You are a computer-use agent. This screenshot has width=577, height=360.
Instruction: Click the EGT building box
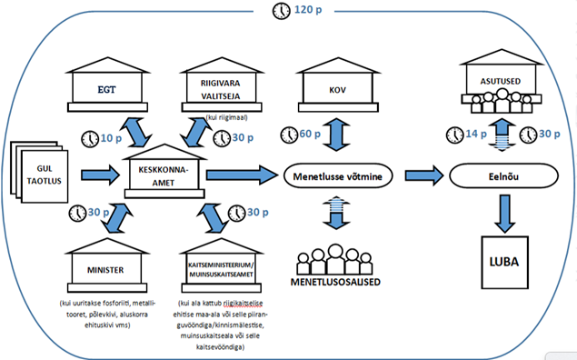(107, 85)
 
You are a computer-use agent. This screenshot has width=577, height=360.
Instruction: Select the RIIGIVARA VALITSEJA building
(222, 85)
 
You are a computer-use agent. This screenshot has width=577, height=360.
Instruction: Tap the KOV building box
(338, 85)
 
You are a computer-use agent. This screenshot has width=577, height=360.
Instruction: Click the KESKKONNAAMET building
(164, 172)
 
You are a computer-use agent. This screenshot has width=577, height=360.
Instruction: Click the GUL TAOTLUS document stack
(39, 172)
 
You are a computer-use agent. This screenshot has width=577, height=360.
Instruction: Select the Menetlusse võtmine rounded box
(338, 176)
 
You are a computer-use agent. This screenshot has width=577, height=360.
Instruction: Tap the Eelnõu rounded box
(503, 176)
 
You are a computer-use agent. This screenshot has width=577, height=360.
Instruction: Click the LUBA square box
(504, 263)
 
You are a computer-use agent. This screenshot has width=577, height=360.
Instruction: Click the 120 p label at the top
(308, 9)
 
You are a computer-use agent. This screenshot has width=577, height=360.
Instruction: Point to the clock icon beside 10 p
(90, 139)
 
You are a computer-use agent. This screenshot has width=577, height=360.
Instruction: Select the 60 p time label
(310, 134)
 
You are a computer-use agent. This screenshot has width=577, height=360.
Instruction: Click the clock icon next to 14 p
(455, 135)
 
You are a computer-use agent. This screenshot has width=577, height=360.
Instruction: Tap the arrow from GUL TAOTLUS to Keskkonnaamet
(100, 175)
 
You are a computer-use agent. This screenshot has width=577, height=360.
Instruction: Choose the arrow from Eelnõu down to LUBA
(504, 214)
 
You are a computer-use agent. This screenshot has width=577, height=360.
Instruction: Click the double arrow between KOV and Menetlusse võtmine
(337, 135)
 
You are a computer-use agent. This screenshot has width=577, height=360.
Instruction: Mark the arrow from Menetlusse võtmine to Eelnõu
(424, 175)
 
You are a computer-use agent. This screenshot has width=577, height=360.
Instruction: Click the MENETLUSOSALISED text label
(335, 282)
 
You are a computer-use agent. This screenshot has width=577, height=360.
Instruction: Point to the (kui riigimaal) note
(226, 118)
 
